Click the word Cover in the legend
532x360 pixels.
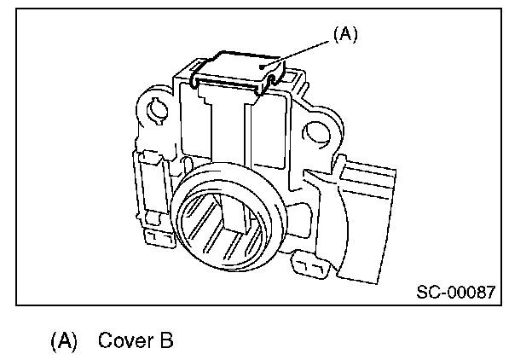tap(124, 341)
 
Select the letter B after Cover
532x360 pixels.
tap(165, 341)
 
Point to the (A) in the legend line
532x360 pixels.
tap(64, 341)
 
